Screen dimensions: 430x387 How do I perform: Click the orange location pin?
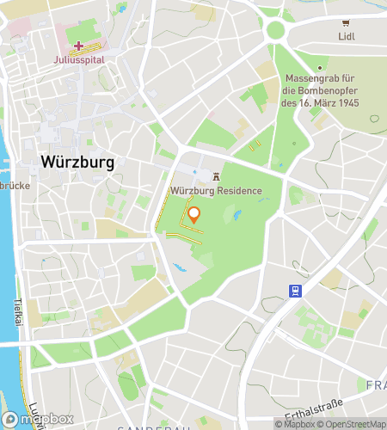[x=194, y=214]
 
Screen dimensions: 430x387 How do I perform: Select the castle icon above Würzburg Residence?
[x=216, y=177]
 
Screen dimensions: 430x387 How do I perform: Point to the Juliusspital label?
[x=78, y=60]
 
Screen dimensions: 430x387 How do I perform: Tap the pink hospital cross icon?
[x=79, y=46]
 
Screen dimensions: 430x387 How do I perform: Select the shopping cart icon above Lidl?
[x=346, y=23]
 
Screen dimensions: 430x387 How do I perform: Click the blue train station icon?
[x=295, y=291]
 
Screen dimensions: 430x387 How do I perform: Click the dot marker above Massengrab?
[x=319, y=68]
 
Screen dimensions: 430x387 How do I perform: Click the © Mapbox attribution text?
[x=294, y=423]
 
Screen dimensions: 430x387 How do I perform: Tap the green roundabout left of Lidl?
[x=275, y=30]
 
